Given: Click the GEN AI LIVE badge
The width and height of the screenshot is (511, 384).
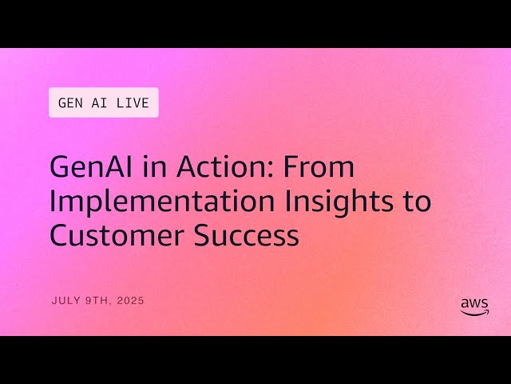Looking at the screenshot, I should pos(104,103).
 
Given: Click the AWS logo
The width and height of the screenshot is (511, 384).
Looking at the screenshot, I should pos(474,307).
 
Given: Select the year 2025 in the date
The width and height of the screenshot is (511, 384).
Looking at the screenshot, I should pos(130,301).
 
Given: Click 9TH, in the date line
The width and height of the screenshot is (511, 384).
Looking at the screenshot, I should pos(98,301).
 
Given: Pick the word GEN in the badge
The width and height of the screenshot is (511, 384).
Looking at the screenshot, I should pos(71,103).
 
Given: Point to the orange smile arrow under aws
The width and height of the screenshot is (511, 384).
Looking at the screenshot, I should pos(476,314).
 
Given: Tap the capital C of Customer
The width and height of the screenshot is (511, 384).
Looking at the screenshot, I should pos(60,235).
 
